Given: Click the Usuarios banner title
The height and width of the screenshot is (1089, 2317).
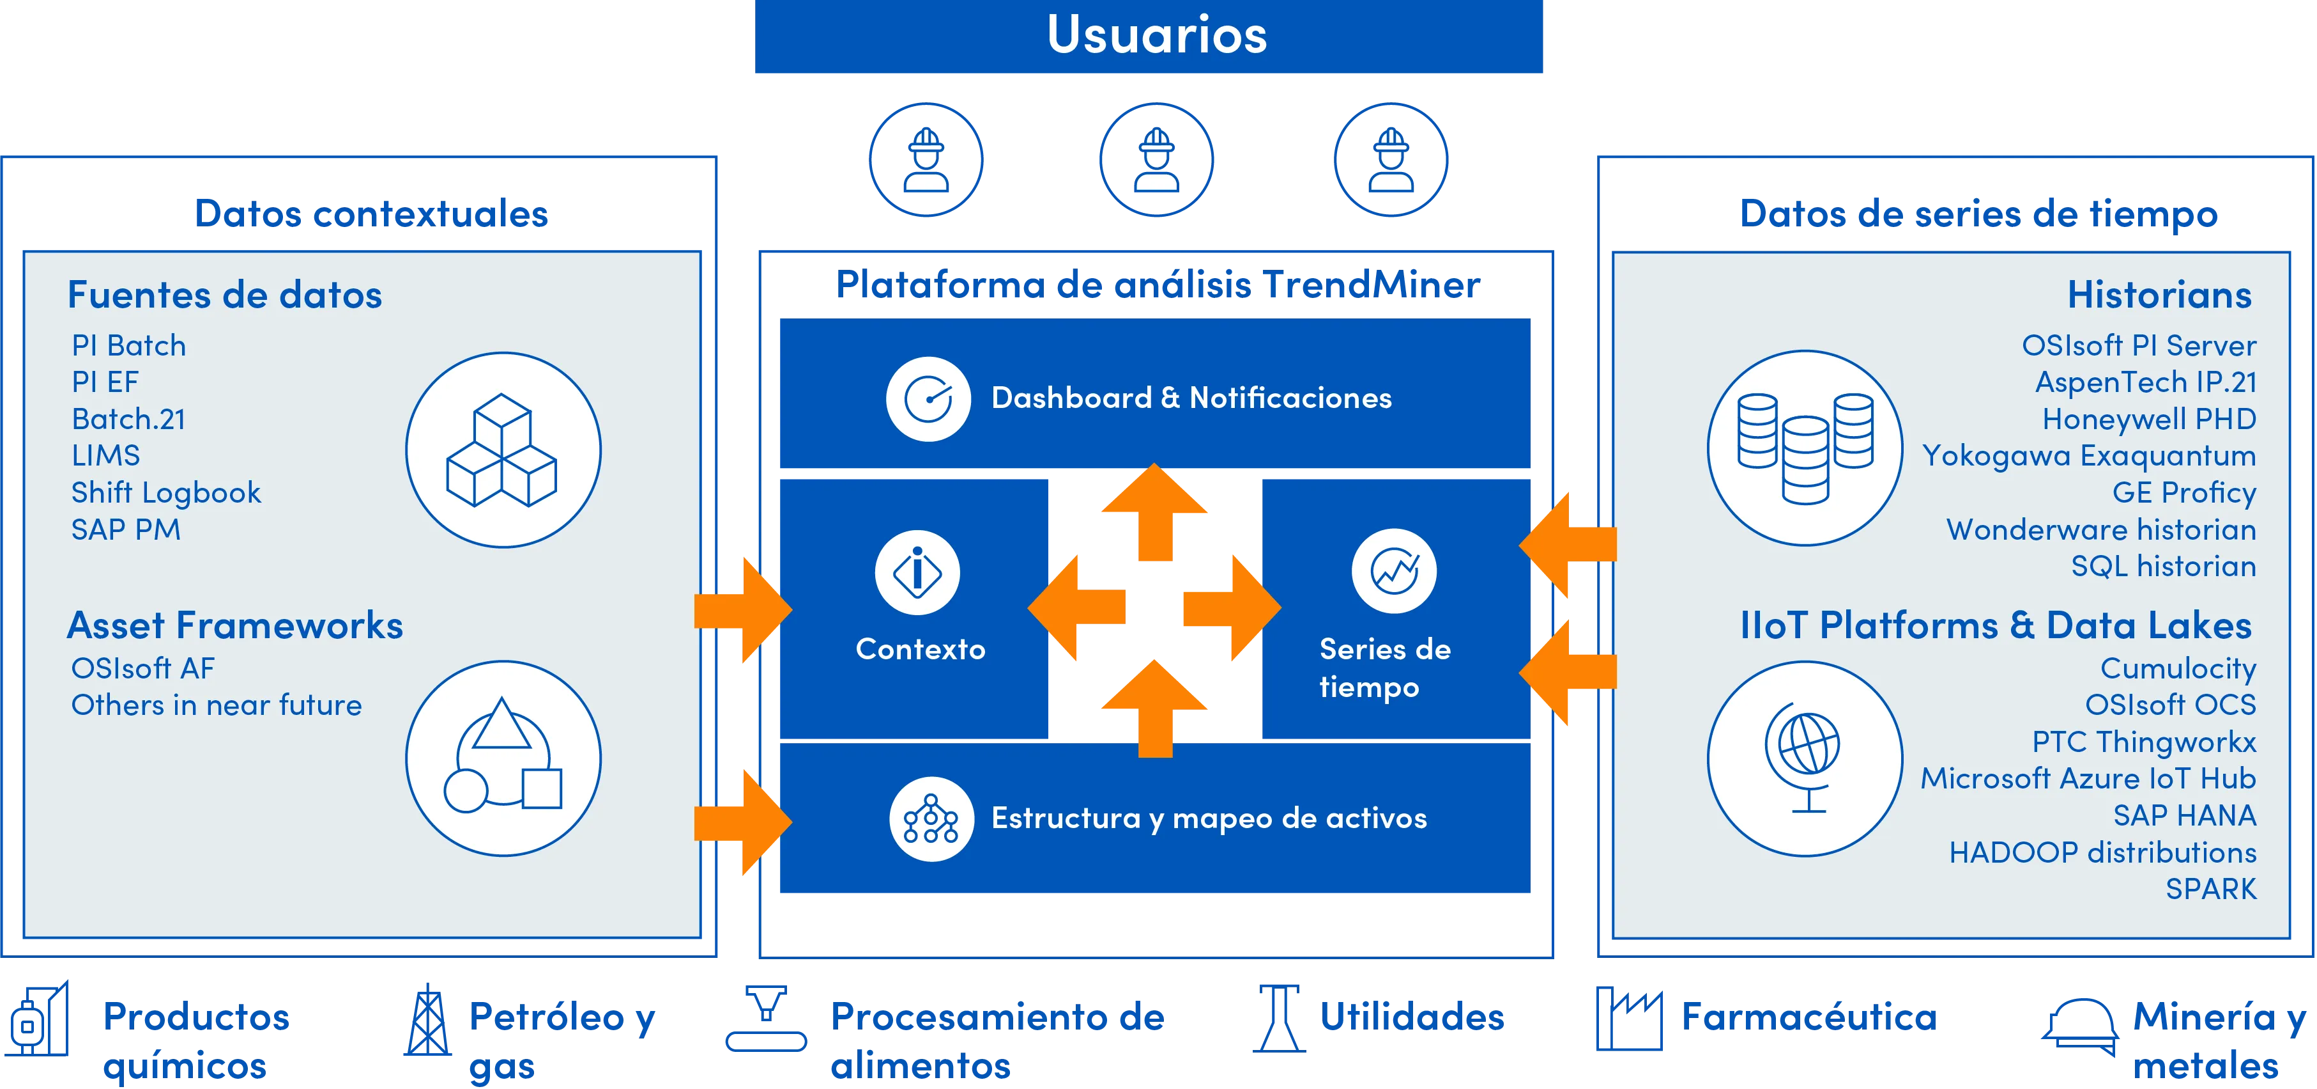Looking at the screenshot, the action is [x=1157, y=35].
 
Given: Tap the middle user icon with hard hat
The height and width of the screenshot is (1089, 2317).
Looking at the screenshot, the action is [x=1157, y=161].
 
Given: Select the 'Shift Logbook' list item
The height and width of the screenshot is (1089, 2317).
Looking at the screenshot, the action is [x=166, y=493].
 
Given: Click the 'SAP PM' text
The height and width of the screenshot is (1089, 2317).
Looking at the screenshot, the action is [x=126, y=529].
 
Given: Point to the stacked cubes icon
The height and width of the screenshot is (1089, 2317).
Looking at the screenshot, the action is [x=503, y=450].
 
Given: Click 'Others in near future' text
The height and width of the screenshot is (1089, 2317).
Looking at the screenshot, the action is [x=217, y=705].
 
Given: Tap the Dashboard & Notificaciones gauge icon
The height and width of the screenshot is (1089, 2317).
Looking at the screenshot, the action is [x=928, y=398].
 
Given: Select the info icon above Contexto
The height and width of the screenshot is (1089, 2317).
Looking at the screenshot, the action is [x=917, y=572].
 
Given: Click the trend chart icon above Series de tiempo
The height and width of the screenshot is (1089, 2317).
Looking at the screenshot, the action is [x=1394, y=570].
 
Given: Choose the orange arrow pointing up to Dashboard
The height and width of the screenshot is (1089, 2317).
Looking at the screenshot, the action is [x=1155, y=512].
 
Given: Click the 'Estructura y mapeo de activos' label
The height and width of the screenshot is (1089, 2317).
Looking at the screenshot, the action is [x=1209, y=818].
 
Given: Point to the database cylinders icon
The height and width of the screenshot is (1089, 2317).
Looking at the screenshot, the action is [x=1805, y=448].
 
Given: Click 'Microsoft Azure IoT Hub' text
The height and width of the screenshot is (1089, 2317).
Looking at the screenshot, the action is [x=2088, y=778].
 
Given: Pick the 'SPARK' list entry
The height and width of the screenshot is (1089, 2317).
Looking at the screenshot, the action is [x=2211, y=889].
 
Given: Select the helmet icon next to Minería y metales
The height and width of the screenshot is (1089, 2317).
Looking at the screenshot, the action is [x=2079, y=1027].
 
